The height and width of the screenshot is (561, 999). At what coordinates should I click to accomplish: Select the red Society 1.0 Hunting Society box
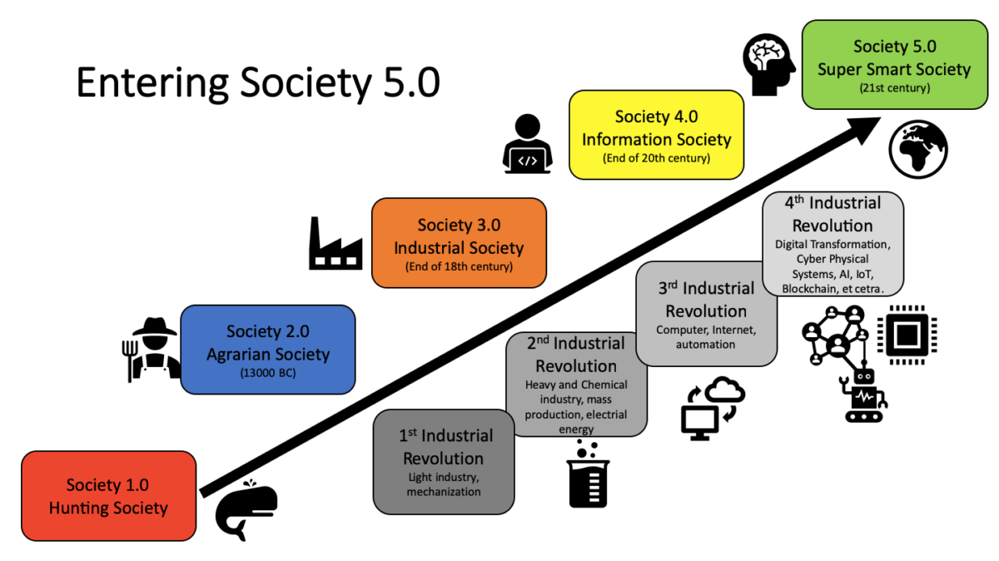pos(108,496)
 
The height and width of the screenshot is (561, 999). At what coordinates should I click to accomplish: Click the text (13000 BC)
pos(268,372)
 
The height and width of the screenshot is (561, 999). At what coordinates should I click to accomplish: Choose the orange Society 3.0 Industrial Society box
pos(459,242)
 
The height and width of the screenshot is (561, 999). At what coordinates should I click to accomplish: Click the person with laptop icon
pos(528,145)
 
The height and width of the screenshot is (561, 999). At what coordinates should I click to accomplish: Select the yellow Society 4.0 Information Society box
pos(656,134)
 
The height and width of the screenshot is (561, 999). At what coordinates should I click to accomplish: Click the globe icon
pos(918,149)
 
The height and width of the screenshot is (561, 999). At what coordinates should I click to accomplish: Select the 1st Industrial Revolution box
pos(443,461)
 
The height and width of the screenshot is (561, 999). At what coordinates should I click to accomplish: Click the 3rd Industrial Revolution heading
pos(706,300)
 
